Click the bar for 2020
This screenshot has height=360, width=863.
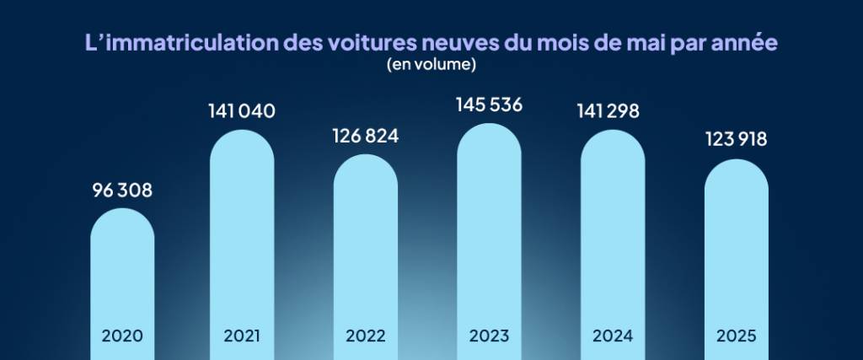coord(122,270)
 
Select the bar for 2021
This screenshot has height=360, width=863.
coord(242,236)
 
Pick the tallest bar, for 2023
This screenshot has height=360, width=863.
coord(489,228)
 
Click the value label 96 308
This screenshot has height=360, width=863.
coord(122,191)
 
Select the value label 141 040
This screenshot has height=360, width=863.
coord(242,111)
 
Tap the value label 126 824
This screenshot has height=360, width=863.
coord(365,137)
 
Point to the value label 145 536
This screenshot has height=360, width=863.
coord(489,105)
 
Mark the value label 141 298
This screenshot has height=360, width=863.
coord(613,111)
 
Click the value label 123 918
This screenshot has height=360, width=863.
coord(737,140)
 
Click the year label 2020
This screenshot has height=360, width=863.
coord(122,336)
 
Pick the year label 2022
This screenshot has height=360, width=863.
coord(366,336)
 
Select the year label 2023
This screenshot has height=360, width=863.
coord(489,336)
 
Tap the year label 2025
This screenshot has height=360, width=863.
coord(737,336)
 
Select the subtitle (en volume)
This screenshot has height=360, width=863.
coord(431,64)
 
